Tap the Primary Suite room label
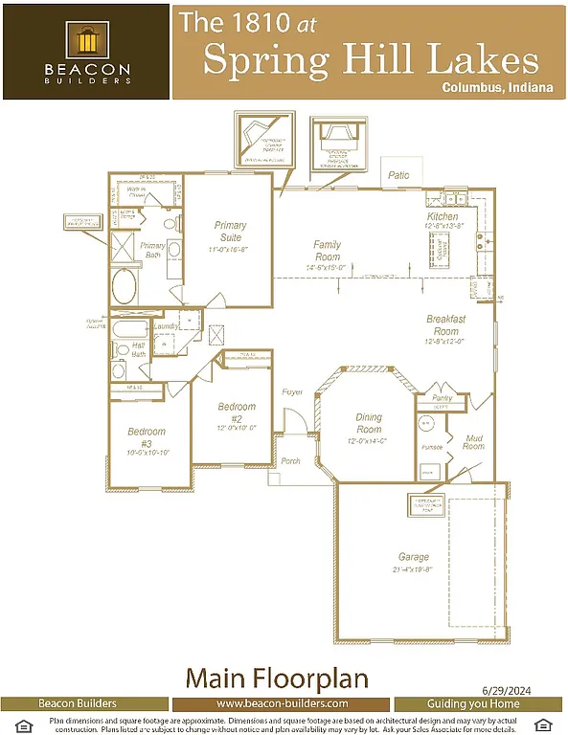pos(229,232)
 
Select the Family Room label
pos(327,251)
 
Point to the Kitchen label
pos(443,217)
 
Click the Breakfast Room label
pos(445,324)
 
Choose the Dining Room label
pos(369,423)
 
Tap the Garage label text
pos(414,556)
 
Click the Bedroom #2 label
pos(237,412)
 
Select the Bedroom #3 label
pos(147,437)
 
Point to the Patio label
pos(398,176)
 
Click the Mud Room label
pos(474,441)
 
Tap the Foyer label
pos(292,393)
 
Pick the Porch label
pos(290,461)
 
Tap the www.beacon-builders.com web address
pos(283,703)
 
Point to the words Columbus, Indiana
pos(497,87)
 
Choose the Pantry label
pos(442,397)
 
